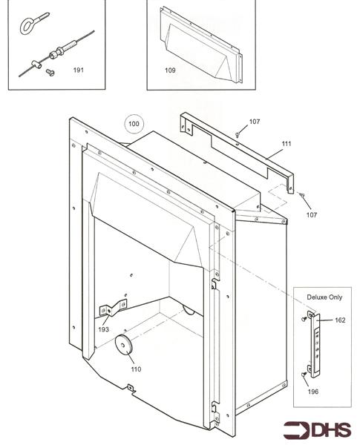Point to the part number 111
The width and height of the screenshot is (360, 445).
(x=287, y=143)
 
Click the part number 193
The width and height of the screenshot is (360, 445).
(x=103, y=329)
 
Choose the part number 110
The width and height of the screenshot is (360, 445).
(x=135, y=369)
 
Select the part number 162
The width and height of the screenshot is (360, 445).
(x=339, y=320)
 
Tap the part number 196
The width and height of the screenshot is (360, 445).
(x=313, y=392)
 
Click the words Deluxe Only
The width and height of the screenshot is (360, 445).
(x=325, y=296)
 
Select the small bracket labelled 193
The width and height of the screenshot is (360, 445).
(x=112, y=308)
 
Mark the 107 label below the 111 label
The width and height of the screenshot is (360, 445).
(x=312, y=215)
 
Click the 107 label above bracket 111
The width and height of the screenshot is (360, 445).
(x=255, y=121)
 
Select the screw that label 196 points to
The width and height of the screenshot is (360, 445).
(x=304, y=375)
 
